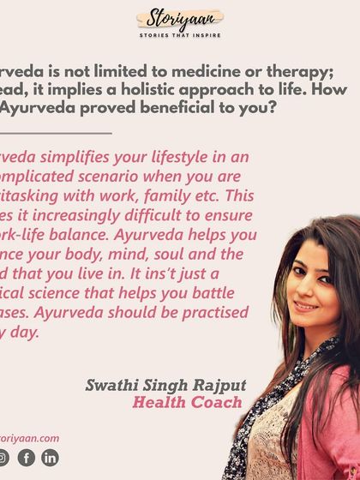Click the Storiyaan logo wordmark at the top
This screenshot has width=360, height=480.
click(179, 20)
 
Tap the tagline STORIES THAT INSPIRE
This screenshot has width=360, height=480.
click(179, 35)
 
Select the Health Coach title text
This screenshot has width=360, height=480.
click(187, 402)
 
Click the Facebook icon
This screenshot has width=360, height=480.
click(27, 458)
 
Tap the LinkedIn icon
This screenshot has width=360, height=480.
click(50, 458)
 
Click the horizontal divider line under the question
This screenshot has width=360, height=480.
click(56, 133)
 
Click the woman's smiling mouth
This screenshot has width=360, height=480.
click(306, 304)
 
